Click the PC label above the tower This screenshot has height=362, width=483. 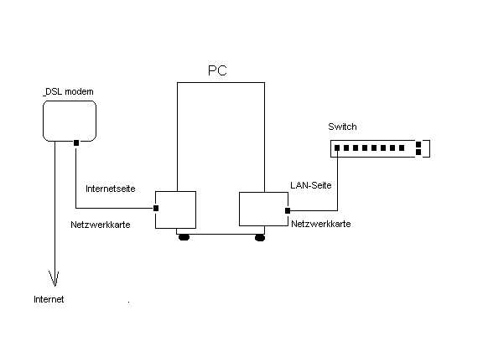pos(217,70)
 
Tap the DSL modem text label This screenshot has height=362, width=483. pos(69,91)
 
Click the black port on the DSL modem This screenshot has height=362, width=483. pos(76,142)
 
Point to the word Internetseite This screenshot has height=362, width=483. pos(111,189)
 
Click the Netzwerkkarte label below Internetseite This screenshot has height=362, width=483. pos(101,225)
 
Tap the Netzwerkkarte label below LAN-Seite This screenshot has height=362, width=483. pos(321,224)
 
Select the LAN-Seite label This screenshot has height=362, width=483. pos(311,185)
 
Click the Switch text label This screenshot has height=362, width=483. pos(342,127)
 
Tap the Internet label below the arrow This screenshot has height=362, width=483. pos(49,299)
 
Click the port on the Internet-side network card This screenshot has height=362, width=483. pos(156,208)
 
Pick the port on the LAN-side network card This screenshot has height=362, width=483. pos(288,210)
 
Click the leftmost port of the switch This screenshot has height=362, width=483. pos(337,148)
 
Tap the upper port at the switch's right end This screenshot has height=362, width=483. pos(418,144)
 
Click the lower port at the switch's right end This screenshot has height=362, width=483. pos(418,152)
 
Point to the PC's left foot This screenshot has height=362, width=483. pos(184,237)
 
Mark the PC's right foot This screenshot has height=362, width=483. pos(260,238)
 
